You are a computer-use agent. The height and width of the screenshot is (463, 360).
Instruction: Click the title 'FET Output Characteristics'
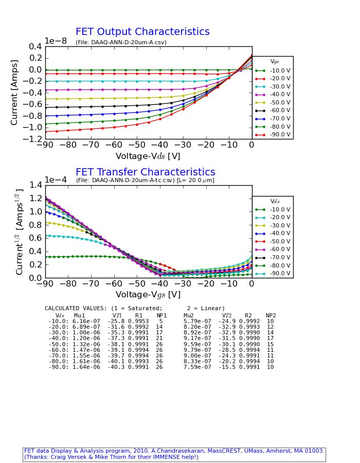pos(142,32)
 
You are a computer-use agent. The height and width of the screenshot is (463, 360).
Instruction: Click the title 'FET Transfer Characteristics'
pos(145,172)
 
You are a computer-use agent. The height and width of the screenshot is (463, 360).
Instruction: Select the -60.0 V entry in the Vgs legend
pos(280,111)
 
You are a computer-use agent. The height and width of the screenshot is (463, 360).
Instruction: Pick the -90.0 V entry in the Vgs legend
pos(280,135)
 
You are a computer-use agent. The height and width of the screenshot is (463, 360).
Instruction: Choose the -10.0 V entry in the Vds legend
pos(280,209)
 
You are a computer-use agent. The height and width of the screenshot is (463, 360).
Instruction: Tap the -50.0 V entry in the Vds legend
pos(280,241)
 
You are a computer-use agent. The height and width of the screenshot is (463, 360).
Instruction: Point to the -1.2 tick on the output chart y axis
pos(34,139)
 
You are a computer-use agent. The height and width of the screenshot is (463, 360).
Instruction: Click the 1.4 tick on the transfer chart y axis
pos(37,185)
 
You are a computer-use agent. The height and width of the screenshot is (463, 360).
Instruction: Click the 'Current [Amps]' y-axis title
pos(15,92)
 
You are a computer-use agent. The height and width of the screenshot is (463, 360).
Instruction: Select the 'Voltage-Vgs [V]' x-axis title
pos(148,295)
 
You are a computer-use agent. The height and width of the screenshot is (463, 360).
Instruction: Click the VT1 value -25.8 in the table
pos(116,322)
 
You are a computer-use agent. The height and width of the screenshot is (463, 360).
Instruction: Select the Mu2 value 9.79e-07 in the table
pos(197,350)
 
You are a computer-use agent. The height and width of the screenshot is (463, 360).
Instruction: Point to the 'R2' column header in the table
pos(248,316)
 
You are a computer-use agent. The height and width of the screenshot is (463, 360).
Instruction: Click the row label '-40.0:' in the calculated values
pos(57,339)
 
